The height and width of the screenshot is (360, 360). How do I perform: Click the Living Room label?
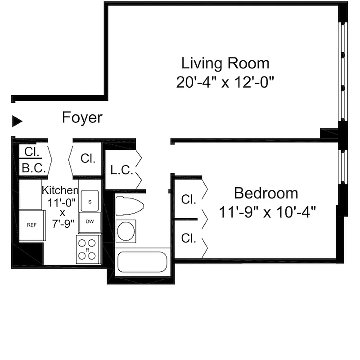click(225, 63)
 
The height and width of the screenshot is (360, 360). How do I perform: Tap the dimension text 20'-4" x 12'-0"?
click(225, 82)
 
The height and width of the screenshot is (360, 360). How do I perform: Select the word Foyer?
click(82, 118)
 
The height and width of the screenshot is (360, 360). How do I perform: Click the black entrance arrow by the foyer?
click(17, 121)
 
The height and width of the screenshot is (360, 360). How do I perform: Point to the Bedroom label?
click(265, 193)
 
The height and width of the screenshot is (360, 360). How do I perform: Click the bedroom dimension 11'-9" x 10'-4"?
click(265, 211)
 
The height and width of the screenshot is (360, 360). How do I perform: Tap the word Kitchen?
click(60, 190)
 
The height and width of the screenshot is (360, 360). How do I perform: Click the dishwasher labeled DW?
click(90, 222)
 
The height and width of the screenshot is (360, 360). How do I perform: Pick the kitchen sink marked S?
click(90, 201)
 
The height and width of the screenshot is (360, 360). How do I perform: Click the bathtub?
click(142, 262)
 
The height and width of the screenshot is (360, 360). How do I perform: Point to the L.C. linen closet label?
click(121, 171)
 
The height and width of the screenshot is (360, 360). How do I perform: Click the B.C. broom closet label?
click(31, 168)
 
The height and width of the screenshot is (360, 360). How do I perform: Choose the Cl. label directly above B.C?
click(31, 152)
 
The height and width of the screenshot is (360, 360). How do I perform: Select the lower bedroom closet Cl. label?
click(189, 238)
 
